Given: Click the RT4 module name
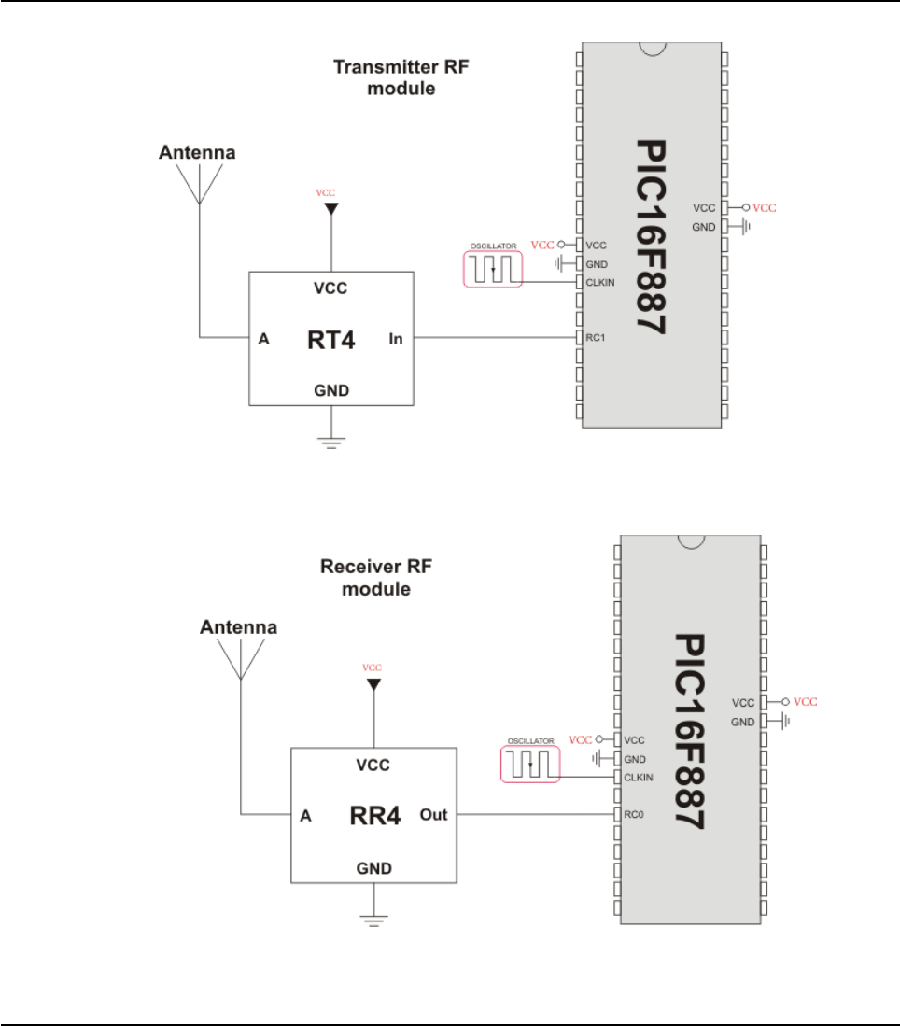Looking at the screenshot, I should point(330,340).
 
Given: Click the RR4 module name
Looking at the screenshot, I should point(374,816).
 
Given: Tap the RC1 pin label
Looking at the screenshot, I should point(596,338).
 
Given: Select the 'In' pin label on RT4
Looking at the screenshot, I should point(396,340).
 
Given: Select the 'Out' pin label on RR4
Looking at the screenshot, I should point(434,815).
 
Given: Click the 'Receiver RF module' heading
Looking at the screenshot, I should point(376,578).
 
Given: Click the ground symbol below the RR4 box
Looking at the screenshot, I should point(373,919).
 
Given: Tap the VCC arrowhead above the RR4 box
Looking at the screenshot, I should point(373,686).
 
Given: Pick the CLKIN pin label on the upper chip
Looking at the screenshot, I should point(599,283).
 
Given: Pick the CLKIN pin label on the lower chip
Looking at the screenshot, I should point(638,777).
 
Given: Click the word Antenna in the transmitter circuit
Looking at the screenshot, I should point(197,151).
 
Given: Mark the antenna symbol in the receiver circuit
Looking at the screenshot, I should point(240,658).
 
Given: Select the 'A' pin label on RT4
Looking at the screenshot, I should point(263,340).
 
